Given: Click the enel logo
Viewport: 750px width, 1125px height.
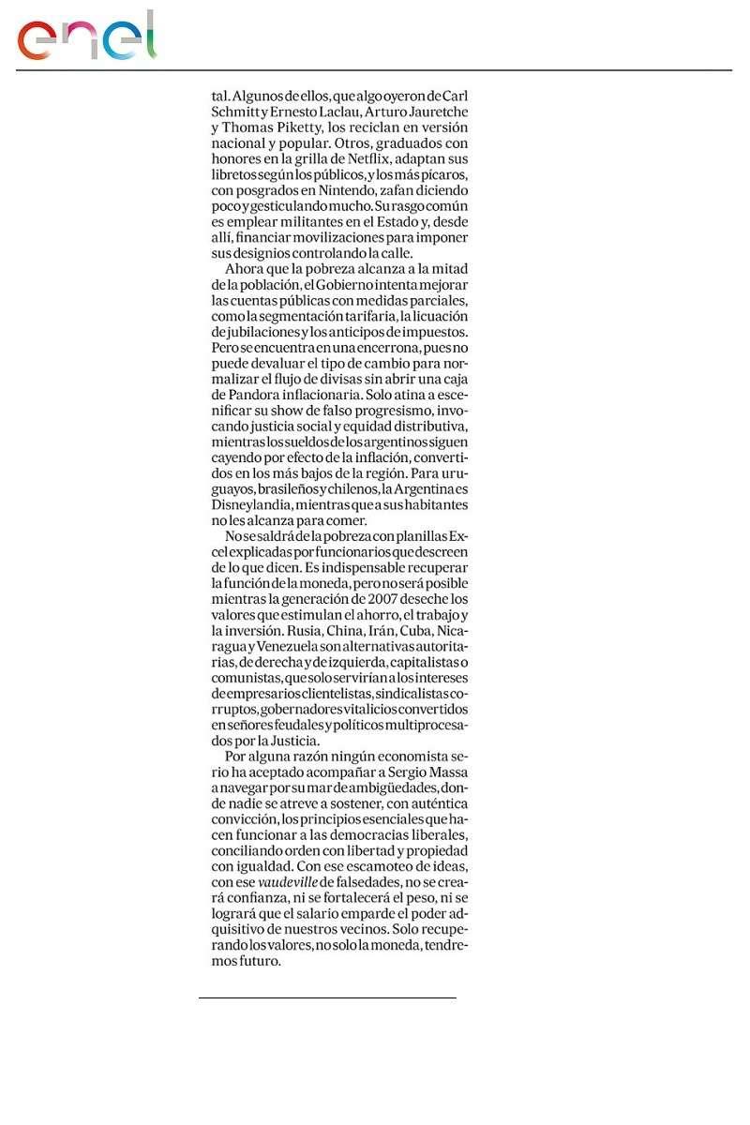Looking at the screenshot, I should coord(86,37).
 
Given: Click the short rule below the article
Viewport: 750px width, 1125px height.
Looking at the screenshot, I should coord(327,997).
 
